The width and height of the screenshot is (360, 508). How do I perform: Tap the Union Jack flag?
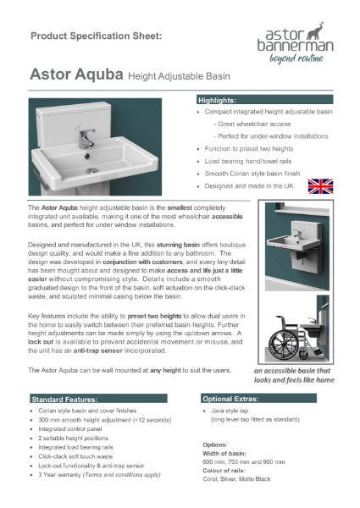pos(320,186)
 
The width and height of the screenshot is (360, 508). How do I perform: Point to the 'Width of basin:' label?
pos(226,451)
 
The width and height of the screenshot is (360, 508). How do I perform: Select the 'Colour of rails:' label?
pos(227,468)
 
